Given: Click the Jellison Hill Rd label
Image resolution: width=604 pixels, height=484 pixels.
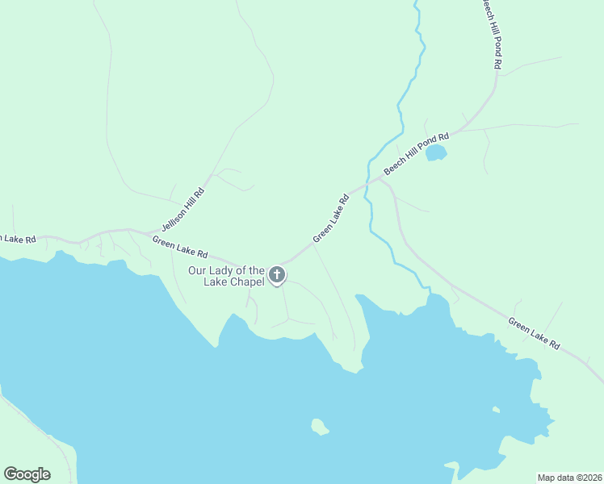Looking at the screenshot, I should [183, 207].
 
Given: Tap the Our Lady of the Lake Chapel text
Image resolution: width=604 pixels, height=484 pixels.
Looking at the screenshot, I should [226, 276].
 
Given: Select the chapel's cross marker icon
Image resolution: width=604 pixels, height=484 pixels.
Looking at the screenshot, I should [277, 275].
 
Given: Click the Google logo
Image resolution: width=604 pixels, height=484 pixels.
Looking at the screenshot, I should [27, 474].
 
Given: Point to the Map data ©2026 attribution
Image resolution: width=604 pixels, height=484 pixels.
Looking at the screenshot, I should [570, 477].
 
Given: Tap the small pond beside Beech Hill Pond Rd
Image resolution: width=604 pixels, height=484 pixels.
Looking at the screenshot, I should [436, 152].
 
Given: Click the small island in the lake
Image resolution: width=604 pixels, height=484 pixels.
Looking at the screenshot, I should [320, 426].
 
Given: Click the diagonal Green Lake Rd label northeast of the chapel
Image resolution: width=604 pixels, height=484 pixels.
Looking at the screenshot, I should [331, 218].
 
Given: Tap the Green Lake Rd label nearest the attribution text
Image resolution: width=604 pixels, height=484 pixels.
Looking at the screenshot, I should [534, 333].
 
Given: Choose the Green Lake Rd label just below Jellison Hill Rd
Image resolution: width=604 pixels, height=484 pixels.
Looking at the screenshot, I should [180, 247].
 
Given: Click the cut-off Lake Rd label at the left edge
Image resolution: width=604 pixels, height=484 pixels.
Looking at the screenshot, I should [18, 239].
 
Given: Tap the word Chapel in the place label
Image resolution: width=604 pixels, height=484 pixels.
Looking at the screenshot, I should [247, 282].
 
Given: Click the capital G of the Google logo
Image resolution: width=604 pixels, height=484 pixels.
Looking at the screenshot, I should [11, 474].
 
